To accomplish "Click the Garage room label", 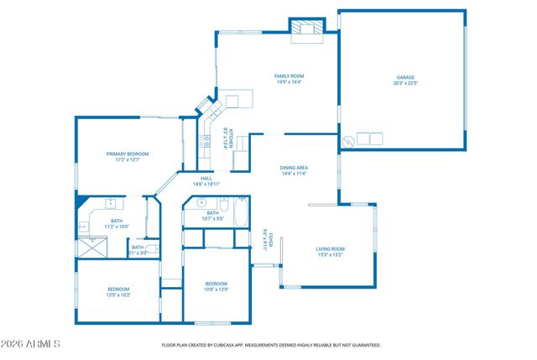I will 405,77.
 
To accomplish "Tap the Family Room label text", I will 288,76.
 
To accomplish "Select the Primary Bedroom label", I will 128,154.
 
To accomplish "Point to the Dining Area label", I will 294,168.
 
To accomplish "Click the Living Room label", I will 330,248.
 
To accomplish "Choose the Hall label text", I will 206,178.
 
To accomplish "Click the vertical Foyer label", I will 263,241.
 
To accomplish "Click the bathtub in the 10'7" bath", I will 240,214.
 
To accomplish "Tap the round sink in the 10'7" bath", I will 201,202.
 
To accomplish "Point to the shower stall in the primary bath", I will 87,247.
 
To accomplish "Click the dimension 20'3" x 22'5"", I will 405,83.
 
